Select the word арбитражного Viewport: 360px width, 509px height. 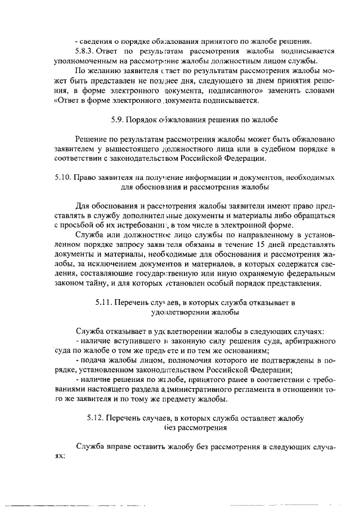[x=312, y=341]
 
